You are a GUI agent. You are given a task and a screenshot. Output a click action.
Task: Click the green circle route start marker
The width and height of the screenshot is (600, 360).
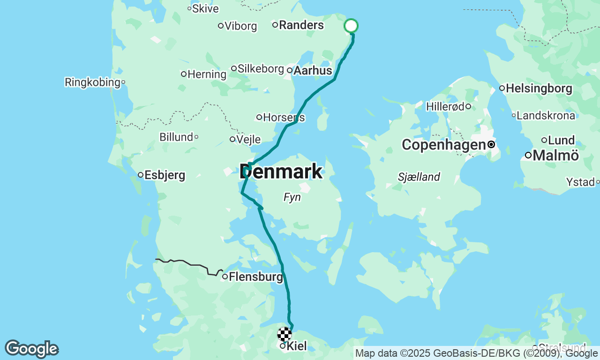pyautogui.click(x=351, y=26)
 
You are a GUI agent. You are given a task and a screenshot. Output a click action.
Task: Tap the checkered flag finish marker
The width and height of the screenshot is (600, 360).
pyautogui.click(x=285, y=334)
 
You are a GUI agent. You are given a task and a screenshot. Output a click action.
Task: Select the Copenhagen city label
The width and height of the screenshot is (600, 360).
pyautogui.click(x=443, y=145)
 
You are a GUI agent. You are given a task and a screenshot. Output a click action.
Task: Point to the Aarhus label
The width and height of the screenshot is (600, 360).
pyautogui.click(x=313, y=71)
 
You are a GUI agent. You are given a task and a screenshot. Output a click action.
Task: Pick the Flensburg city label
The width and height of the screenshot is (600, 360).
pyautogui.click(x=256, y=277)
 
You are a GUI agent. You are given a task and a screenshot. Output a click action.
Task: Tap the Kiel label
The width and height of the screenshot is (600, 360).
pyautogui.click(x=296, y=346)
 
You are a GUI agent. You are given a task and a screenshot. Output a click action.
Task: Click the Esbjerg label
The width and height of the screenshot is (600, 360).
pyautogui.click(x=165, y=175)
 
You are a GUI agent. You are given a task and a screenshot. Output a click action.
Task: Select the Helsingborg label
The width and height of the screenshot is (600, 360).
pyautogui.click(x=539, y=88)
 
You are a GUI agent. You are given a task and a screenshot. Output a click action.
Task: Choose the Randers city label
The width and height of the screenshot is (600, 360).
pyautogui.click(x=301, y=25)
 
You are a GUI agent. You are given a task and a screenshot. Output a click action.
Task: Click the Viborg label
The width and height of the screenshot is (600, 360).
pyautogui.click(x=240, y=26)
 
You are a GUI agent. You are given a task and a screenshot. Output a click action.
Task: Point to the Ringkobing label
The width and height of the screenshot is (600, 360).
pyautogui.click(x=92, y=82)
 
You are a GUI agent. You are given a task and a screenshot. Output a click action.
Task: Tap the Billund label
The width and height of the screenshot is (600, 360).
pyautogui.click(x=176, y=137)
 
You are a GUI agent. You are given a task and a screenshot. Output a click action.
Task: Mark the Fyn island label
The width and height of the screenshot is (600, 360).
pyautogui.click(x=292, y=198)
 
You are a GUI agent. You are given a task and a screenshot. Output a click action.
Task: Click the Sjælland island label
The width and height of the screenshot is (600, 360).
pyautogui.click(x=419, y=177)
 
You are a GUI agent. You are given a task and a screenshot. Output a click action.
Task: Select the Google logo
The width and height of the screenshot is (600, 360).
pyautogui.click(x=31, y=349)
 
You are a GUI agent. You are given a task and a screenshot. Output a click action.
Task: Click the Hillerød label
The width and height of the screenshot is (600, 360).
pyautogui.click(x=445, y=107)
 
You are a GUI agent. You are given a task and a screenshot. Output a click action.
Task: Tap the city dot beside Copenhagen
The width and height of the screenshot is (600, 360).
pyautogui.click(x=491, y=145)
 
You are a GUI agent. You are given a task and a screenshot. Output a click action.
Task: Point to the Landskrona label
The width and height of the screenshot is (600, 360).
pyautogui.click(x=546, y=115)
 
